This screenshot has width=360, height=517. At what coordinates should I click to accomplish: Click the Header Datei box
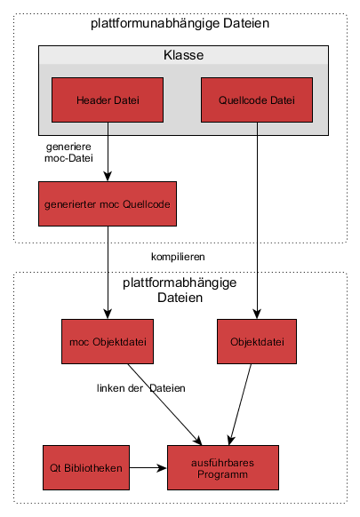coord(108,99)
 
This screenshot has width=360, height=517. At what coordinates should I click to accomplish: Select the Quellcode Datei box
coord(257,99)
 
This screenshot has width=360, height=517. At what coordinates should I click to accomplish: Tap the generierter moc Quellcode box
coord(108,203)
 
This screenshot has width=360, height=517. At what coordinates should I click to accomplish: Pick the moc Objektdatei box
coord(108,342)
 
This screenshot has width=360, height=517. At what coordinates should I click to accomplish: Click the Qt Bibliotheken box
coord(86,467)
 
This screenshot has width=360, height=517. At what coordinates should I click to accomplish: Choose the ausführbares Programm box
coord(223,467)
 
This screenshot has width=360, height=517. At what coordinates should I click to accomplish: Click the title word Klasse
coord(183,55)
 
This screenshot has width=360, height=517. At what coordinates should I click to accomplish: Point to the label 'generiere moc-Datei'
coord(68,152)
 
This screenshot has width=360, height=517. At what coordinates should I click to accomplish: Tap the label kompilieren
coord(178,257)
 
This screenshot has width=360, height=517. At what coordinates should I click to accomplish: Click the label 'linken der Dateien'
coord(141,388)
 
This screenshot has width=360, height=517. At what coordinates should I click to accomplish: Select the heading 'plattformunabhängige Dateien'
coord(180,23)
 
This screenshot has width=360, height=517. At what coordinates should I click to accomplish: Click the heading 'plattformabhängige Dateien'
coord(180,290)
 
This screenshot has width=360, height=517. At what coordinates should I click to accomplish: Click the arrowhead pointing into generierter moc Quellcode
coord(108,177)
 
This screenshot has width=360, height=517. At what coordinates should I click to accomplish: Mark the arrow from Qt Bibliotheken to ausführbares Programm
coord(148,467)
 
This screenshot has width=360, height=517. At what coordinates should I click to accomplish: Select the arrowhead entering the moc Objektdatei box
coord(108,314)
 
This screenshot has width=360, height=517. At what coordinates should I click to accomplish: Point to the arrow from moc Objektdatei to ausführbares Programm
coord(165,404)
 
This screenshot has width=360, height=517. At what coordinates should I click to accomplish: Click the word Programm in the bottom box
coord(223,474)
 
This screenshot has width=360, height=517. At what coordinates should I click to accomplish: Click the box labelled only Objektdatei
coord(257,342)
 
